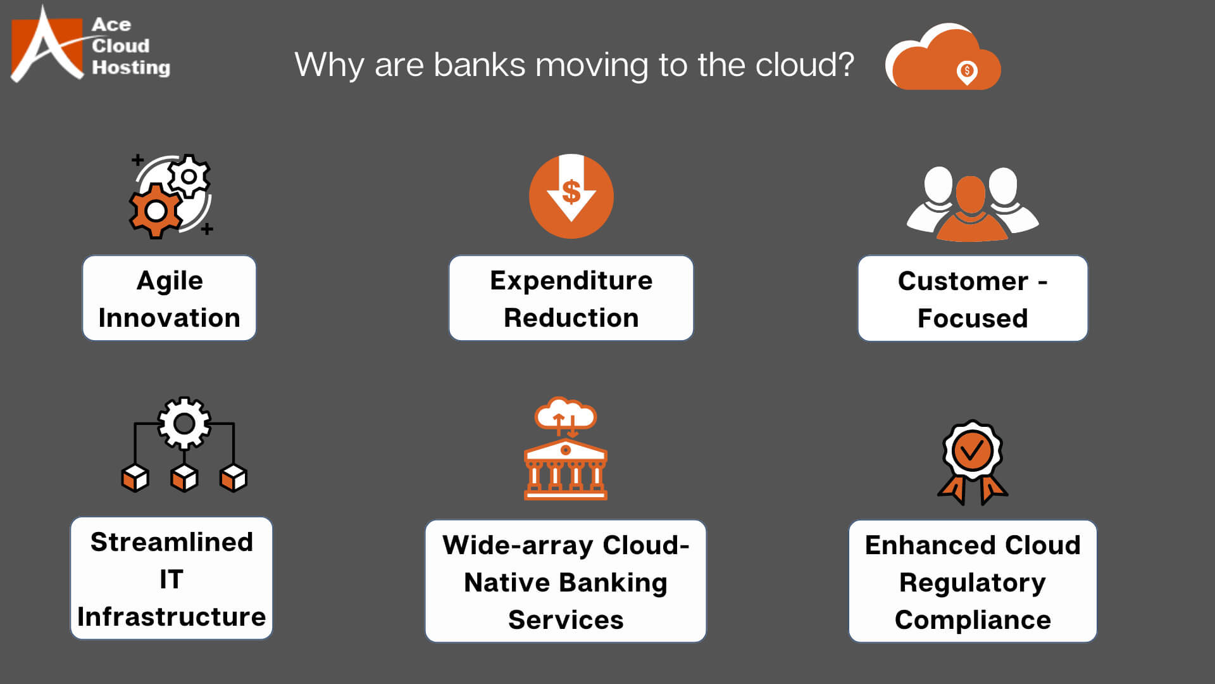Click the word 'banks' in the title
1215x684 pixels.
pos(479,65)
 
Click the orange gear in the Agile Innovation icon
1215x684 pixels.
pos(156,211)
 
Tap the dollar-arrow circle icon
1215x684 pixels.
pos(571,196)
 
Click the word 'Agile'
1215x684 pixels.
pos(170,281)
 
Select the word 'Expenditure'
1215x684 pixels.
pos(571,281)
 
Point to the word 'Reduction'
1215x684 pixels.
pos(571,318)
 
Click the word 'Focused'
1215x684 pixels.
pos(973,319)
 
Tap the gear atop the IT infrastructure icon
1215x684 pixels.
pos(184,423)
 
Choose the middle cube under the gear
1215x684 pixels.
pos(184,478)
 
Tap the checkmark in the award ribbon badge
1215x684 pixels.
pos(972,451)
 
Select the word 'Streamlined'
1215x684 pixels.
pos(171,542)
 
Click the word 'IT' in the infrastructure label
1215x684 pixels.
pos(171,579)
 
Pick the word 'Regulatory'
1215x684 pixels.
pos(972,583)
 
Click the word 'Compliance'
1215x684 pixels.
pos(973,620)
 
